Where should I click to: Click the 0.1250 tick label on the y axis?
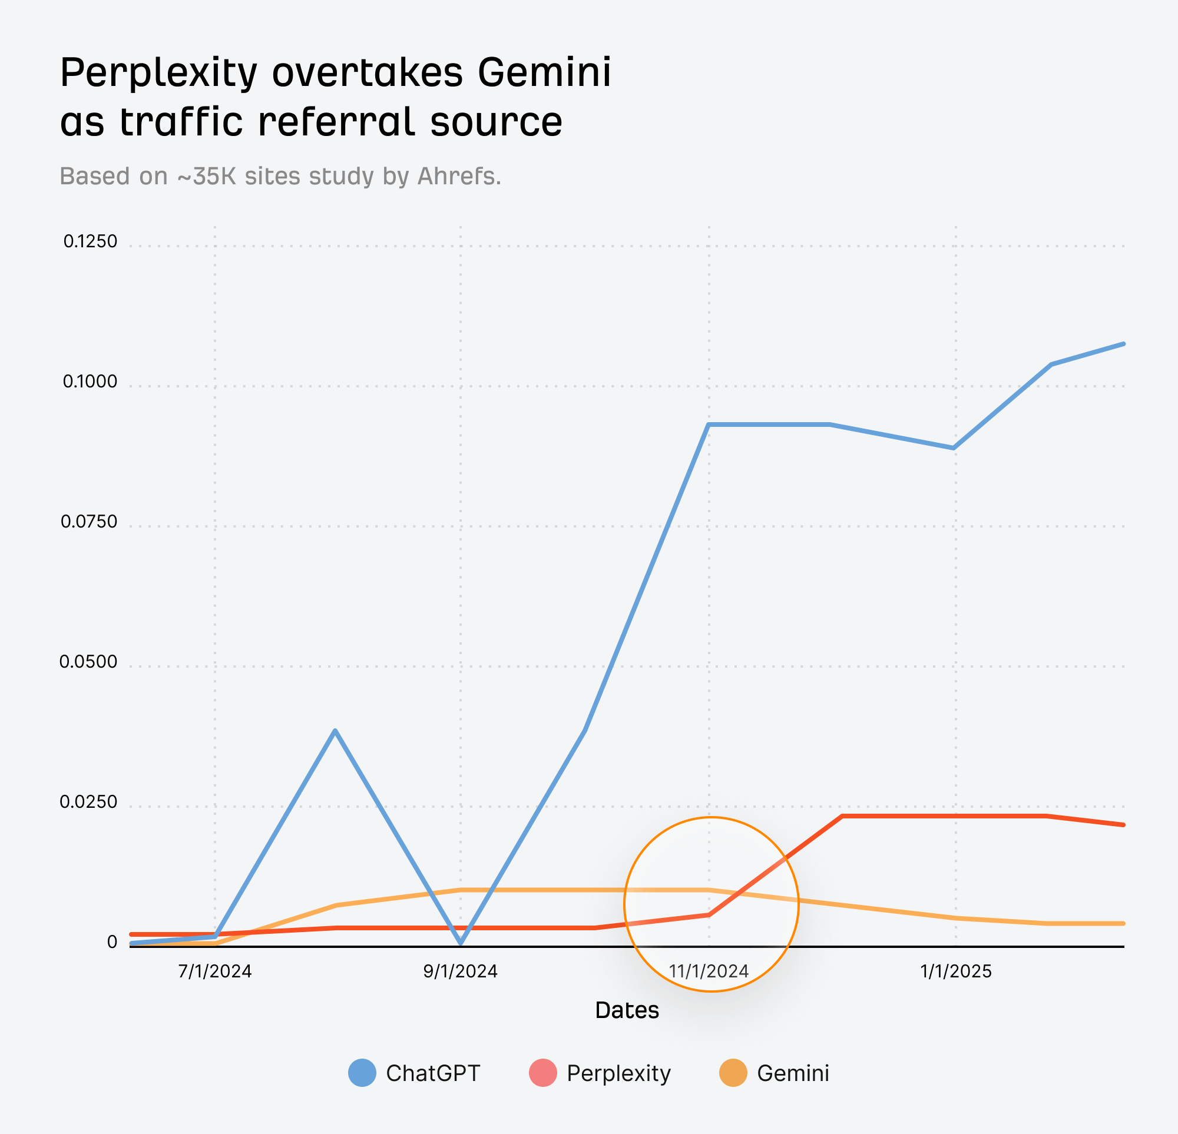click(x=90, y=241)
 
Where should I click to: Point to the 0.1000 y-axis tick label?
click(x=90, y=382)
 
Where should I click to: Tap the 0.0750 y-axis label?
click(x=89, y=522)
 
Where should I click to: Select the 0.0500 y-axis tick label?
click(x=88, y=662)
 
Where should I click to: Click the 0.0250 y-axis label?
click(x=88, y=803)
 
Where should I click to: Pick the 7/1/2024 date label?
click(x=215, y=971)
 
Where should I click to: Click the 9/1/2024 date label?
click(x=461, y=971)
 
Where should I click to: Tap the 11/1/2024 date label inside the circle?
click(x=709, y=971)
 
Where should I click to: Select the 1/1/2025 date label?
click(x=955, y=971)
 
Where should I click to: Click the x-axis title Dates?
click(x=627, y=1011)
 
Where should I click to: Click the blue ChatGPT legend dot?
click(x=362, y=1073)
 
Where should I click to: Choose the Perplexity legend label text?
click(x=618, y=1073)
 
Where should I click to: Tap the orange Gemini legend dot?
click(x=733, y=1073)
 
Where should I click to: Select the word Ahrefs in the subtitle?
click(x=459, y=176)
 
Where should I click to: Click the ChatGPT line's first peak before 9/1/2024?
click(x=335, y=730)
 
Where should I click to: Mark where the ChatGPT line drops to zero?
click(x=461, y=943)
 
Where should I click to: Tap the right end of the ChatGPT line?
click(x=1123, y=344)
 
